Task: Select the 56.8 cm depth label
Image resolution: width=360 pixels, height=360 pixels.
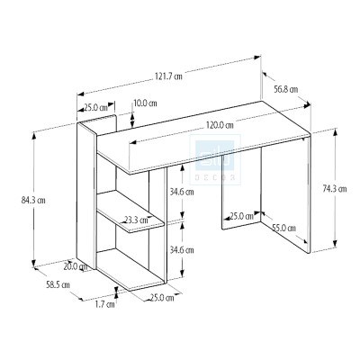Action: pos(287,89)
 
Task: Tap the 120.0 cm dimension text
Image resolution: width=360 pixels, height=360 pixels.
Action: pos(218,124)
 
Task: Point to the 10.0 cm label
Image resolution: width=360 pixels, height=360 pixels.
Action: pos(146,103)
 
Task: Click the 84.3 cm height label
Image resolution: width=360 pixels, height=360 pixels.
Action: pos(35,200)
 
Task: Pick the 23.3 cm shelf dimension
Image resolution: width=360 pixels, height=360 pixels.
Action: pos(137,220)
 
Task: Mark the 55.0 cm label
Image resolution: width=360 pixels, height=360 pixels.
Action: pos(284,228)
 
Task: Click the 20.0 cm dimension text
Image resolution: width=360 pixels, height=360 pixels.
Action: pos(76,265)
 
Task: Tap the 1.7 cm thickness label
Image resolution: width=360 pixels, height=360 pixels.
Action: pos(104,305)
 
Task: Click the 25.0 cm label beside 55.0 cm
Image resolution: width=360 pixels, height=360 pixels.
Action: pos(240,216)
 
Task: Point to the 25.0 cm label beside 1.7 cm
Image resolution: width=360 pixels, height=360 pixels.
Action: pos(161,298)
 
